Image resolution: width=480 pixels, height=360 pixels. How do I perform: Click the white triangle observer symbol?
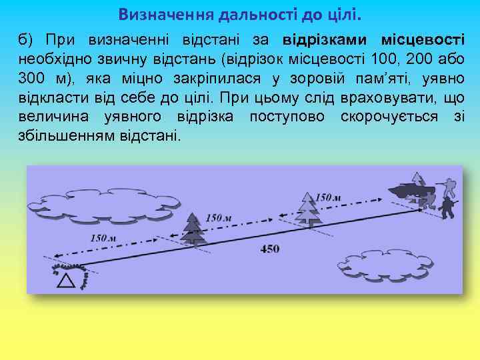pos(65,281)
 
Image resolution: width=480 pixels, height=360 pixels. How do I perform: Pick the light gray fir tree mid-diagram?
pos(308,209)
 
